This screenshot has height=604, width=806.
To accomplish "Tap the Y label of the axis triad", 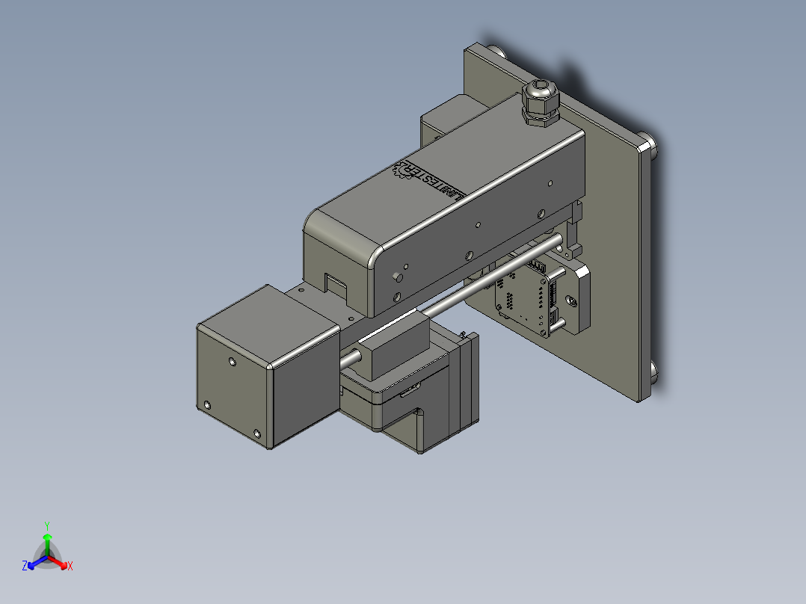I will click(x=47, y=526).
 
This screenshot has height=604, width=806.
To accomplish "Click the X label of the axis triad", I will click(x=70, y=567).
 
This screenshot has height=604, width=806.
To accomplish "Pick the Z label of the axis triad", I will click(x=25, y=567).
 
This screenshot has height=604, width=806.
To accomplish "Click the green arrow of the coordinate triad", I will click(x=47, y=540).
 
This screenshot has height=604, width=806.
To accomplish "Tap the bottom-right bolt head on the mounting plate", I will click(x=653, y=374).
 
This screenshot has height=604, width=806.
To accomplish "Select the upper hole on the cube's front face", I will click(x=232, y=362).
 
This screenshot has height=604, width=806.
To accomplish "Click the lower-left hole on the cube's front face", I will click(x=207, y=406).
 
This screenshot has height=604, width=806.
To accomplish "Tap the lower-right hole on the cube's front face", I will click(x=257, y=434).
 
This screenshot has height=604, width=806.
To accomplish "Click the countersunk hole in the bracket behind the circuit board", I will click(x=573, y=301).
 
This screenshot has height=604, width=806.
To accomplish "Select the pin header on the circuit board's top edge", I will click(x=539, y=265).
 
